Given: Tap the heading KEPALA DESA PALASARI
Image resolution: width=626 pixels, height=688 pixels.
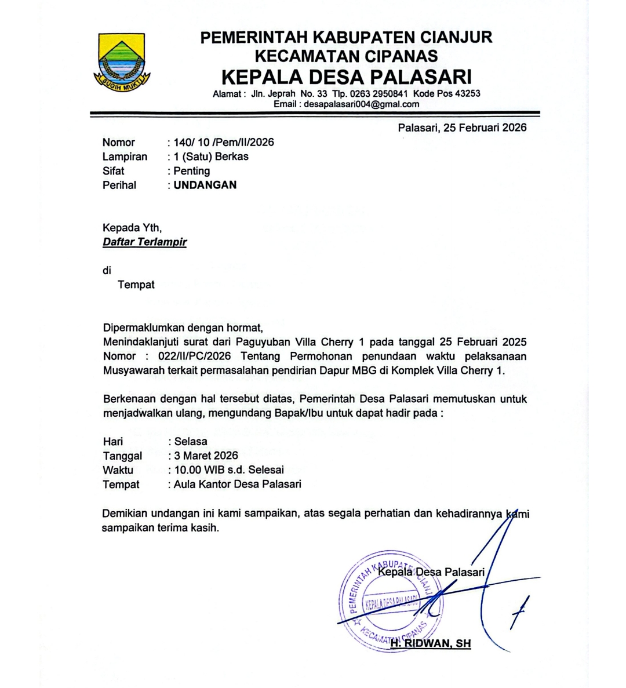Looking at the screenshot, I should click(347, 77).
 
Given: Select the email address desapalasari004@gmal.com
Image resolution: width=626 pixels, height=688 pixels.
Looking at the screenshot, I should click(362, 104).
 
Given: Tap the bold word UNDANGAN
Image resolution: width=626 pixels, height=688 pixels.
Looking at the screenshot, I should click(205, 185).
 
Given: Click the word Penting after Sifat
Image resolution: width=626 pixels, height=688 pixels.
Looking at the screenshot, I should click(192, 171).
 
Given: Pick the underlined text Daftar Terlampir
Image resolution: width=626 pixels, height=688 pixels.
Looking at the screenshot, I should click(145, 242).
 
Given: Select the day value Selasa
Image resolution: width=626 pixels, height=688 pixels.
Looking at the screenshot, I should click(191, 442).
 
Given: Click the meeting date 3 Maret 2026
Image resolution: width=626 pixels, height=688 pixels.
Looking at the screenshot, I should click(206, 456).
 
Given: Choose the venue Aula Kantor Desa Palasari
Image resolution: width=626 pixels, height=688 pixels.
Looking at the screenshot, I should click(237, 484).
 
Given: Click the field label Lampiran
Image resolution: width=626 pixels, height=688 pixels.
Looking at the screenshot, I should click(125, 156).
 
